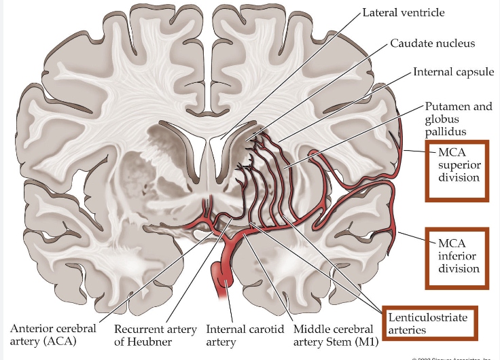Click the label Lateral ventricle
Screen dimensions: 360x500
coord(404,12)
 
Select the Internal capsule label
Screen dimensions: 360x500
coord(453,72)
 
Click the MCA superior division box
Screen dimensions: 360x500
coord(457,170)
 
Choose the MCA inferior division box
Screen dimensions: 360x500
coord(457,256)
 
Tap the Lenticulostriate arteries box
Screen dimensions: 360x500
coord(427,323)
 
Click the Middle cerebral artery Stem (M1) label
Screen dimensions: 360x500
coord(334,335)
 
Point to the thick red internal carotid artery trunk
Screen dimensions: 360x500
coord(223,272)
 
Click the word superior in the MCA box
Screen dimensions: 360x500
coord(459,165)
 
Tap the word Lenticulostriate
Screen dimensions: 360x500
coord(427,317)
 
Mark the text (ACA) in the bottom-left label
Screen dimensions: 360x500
coord(62,341)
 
